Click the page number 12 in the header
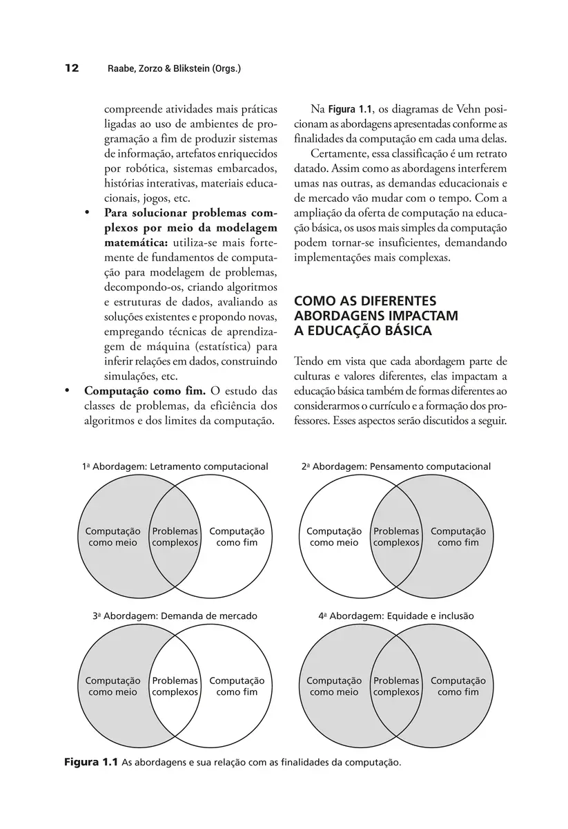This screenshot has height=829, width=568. pyautogui.click(x=72, y=68)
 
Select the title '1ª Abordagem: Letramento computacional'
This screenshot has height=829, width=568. pyautogui.click(x=175, y=466)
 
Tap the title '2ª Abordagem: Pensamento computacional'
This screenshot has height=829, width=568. pyautogui.click(x=396, y=466)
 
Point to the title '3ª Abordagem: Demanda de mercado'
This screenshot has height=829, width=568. pyautogui.click(x=175, y=616)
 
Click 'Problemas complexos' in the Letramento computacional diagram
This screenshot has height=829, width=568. pyautogui.click(x=175, y=537)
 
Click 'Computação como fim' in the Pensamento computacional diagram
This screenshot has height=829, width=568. pyautogui.click(x=458, y=537)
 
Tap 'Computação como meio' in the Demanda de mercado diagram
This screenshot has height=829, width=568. pyautogui.click(x=112, y=686)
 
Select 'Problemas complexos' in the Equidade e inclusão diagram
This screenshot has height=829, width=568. pyautogui.click(x=396, y=686)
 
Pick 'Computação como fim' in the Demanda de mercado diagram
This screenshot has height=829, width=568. pyautogui.click(x=237, y=686)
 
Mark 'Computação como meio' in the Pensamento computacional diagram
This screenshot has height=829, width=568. pyautogui.click(x=334, y=537)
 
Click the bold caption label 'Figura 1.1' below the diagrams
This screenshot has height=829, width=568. pyautogui.click(x=91, y=763)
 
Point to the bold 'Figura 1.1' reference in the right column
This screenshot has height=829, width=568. pyautogui.click(x=350, y=109)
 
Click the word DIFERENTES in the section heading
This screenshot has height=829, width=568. pyautogui.click(x=409, y=301)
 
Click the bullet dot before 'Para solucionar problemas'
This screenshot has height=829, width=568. pyautogui.click(x=88, y=212)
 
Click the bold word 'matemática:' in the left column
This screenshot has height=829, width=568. pyautogui.click(x=137, y=242)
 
